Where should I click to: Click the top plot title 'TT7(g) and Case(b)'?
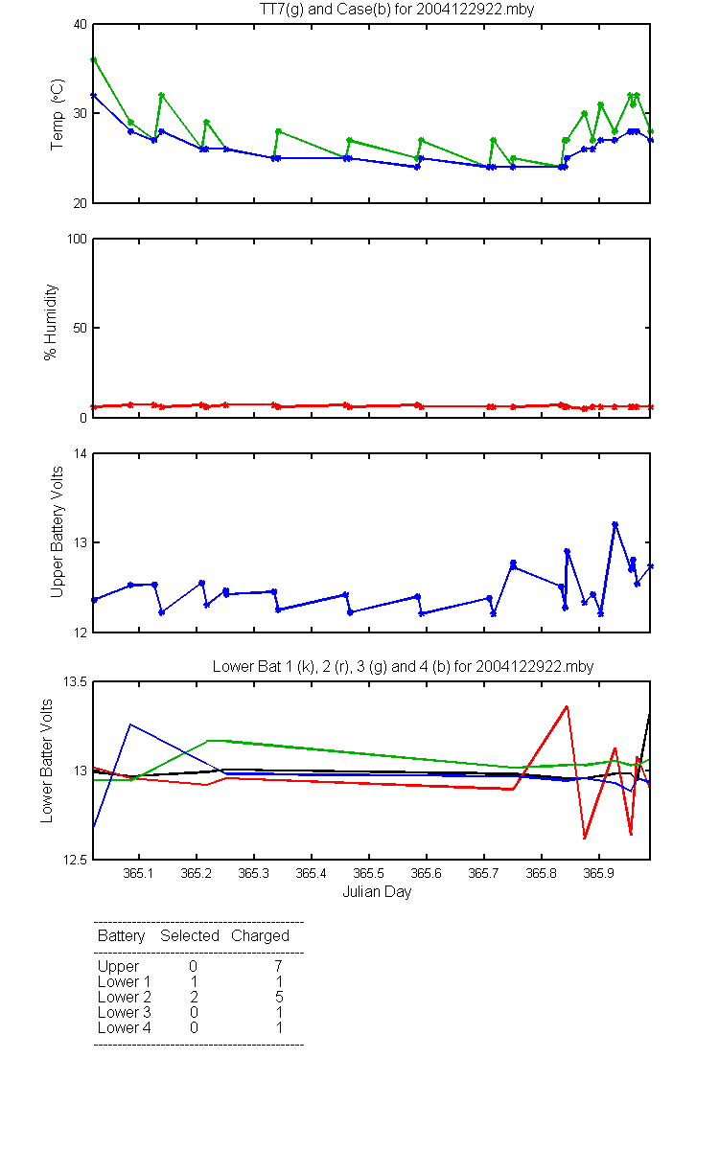point(325,10)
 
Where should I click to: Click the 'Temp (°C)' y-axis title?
point(57,114)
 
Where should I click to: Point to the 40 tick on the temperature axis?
point(81,25)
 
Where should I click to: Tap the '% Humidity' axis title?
point(50,322)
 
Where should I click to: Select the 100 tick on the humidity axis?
point(77,240)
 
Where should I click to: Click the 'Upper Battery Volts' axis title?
point(57,533)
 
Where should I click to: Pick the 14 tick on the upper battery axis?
point(81,454)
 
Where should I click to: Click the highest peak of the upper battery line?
point(615,524)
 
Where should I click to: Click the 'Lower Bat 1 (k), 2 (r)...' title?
point(404,666)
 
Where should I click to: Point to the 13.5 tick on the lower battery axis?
point(75,681)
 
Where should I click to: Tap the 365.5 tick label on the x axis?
point(369,873)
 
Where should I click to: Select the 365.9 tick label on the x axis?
point(599,873)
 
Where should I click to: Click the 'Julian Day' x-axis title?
point(377,892)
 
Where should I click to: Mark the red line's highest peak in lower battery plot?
point(567,706)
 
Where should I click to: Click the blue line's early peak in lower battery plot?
point(130,724)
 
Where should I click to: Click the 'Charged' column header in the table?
point(261,936)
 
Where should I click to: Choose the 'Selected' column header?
point(190,936)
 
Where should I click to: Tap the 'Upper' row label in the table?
point(119,967)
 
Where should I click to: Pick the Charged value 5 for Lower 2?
point(279,997)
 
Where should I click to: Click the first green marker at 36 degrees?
point(94,60)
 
